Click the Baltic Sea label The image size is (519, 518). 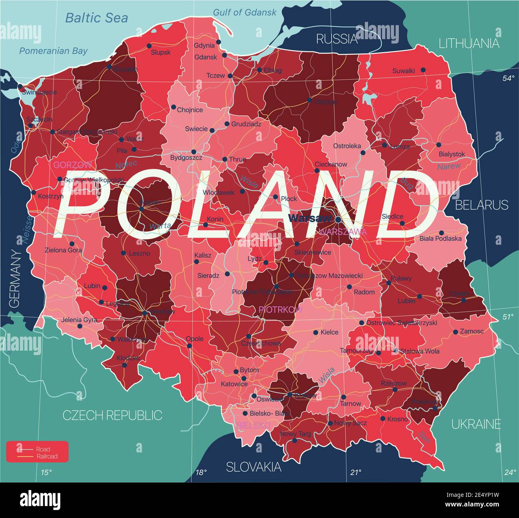97,18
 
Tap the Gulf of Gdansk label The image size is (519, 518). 244,12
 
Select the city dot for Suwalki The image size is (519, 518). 423,70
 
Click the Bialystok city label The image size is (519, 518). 452,154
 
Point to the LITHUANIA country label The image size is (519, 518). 469,44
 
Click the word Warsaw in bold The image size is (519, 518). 309,218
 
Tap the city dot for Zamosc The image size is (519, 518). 456,332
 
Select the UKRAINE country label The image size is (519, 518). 476,424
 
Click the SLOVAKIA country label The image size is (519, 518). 254,467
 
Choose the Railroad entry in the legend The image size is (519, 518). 47,456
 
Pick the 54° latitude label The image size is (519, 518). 508,79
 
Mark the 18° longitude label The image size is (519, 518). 201,473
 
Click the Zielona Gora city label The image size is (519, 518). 63,250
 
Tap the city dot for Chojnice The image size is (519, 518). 174,107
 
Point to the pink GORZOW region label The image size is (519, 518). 73,165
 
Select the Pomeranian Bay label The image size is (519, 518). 53,51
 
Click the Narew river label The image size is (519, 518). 449,166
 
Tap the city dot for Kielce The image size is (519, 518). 315,332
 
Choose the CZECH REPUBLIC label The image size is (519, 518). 113,415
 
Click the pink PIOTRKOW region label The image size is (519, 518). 280,309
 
